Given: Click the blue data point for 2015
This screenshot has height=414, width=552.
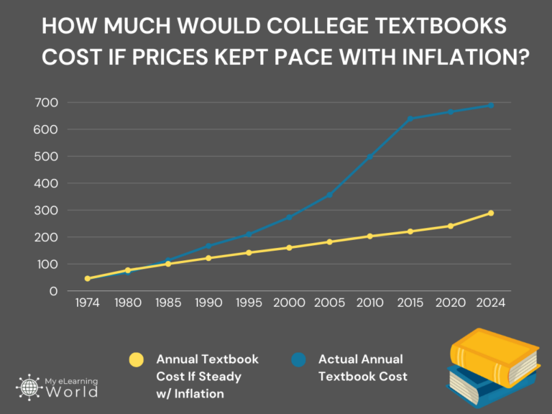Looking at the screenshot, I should [410, 119].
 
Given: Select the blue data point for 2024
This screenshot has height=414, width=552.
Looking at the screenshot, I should [491, 106].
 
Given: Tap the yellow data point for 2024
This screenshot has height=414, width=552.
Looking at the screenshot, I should [491, 213].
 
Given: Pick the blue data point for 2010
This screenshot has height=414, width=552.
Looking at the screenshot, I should [370, 157].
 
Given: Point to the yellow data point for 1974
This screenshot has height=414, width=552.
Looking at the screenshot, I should [88, 278].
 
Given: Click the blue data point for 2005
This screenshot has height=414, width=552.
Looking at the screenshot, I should [330, 195].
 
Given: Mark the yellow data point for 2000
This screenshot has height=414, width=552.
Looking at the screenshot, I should [290, 248].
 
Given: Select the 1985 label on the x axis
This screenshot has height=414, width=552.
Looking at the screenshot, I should [168, 303].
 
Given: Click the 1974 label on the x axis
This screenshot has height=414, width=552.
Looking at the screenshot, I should [88, 303].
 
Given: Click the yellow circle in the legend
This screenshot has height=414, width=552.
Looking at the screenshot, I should [135, 359].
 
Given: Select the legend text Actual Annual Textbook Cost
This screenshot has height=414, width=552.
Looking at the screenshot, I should [362, 367].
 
